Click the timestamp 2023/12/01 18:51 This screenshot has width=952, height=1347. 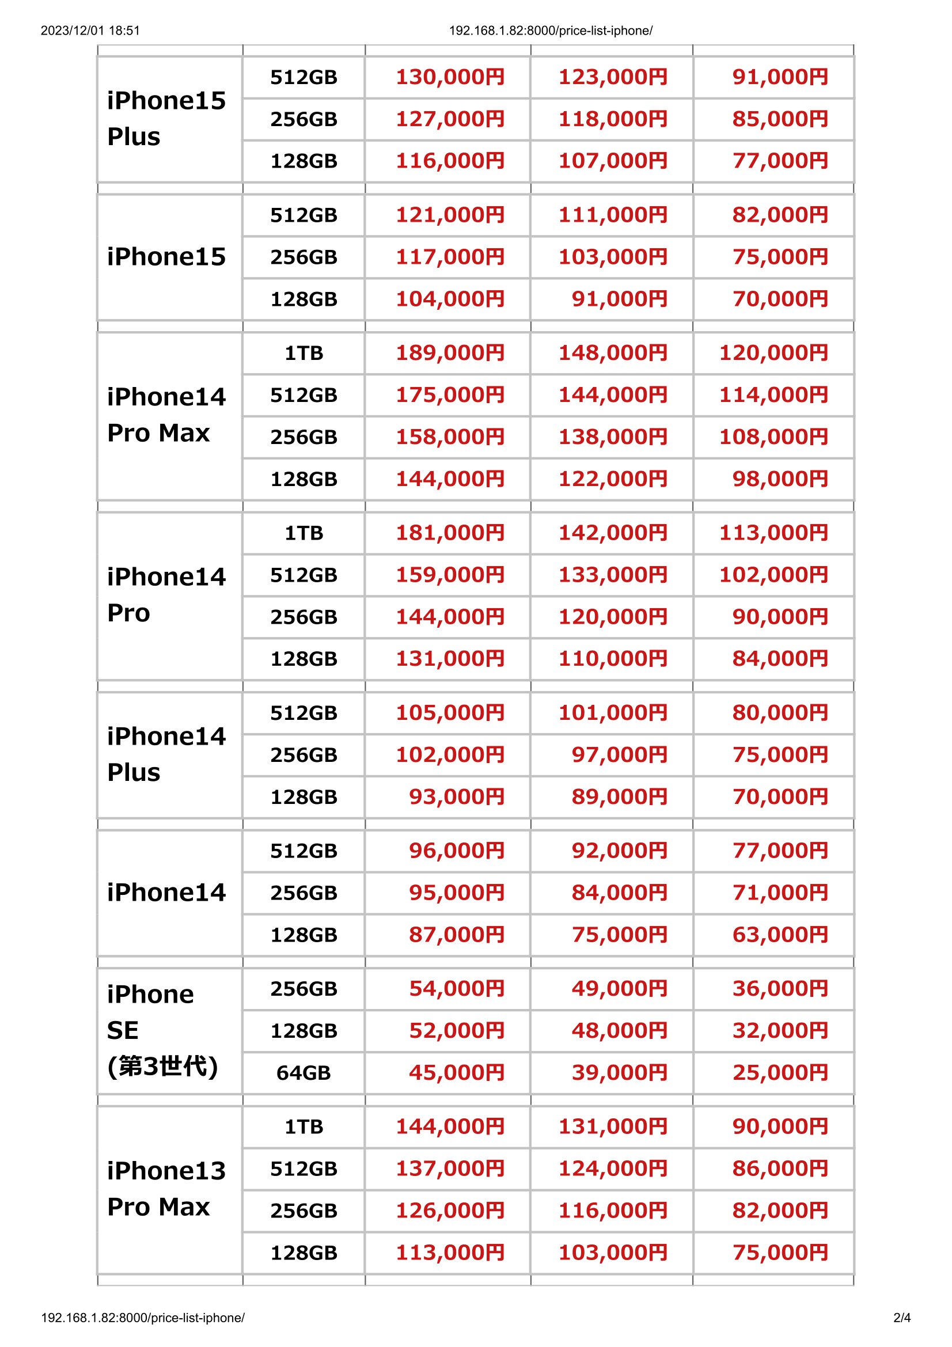coord(90,31)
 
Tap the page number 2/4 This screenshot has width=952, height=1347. coord(901,1318)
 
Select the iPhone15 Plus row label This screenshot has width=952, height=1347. coord(166,119)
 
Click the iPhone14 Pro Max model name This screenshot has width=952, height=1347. coord(166,415)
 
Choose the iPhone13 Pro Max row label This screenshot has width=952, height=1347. coord(166,1189)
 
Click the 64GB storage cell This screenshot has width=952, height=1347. coord(304,1072)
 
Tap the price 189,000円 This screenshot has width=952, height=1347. coord(450,352)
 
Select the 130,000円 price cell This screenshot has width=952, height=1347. coord(450,77)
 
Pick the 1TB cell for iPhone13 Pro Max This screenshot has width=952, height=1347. coord(304,1126)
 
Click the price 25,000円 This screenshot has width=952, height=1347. coord(780,1072)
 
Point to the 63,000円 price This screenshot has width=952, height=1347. coord(780,935)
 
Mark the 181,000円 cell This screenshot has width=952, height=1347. coord(450,533)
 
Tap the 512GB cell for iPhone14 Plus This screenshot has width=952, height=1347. coord(304,713)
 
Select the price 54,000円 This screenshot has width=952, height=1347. coord(456,989)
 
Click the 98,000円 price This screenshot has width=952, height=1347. coord(780,479)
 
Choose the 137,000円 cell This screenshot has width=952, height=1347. coord(450,1168)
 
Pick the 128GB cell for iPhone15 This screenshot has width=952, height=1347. coord(304,299)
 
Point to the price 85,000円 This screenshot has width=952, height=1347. coord(780,119)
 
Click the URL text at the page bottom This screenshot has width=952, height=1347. coord(142,1318)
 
